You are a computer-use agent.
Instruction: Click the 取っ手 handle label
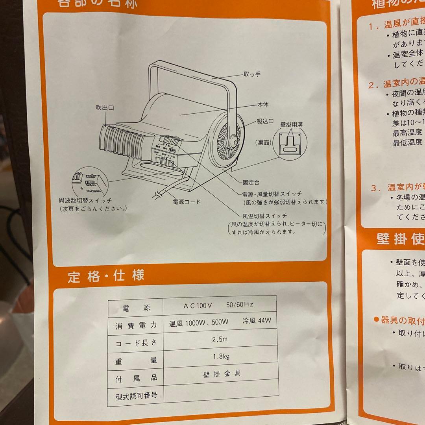coord(252,74)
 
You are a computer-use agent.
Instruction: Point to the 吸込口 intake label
coord(265,122)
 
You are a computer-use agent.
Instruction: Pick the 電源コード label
coord(187,202)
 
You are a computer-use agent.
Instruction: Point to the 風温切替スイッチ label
coord(265,216)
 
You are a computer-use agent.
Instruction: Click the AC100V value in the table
coord(198,305)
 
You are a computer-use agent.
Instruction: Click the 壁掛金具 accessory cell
coord(219,373)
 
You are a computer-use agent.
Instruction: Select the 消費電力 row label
coord(136,325)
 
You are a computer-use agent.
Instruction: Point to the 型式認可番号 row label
coord(136,395)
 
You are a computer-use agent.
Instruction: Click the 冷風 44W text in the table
coord(257,321)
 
